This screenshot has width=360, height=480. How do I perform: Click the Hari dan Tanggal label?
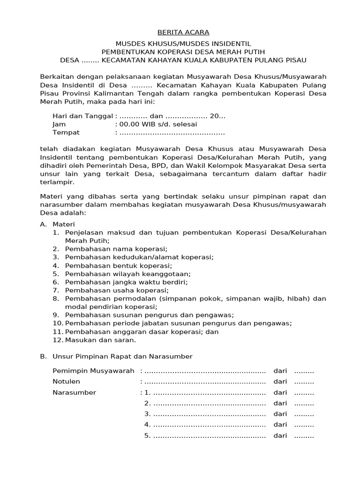tap(82, 116)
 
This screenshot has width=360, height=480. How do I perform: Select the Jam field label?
tap(59, 124)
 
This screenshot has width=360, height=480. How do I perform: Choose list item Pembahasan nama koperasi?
tap(116, 249)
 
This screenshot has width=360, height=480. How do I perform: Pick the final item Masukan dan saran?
tap(100, 340)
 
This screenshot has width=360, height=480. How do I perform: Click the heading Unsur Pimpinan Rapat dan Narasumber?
tap(122, 356)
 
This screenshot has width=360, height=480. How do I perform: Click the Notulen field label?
tap(66, 382)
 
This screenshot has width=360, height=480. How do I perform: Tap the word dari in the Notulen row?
tap(280, 382)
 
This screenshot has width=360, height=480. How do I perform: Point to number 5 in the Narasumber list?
tap(147, 435)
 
